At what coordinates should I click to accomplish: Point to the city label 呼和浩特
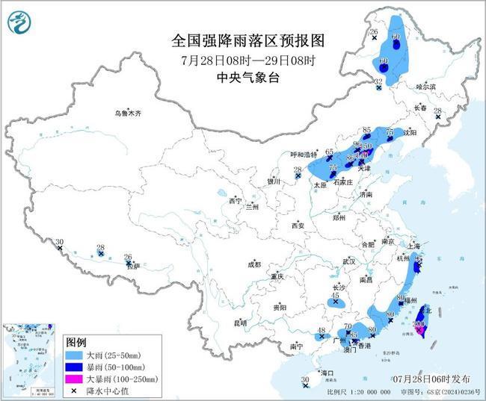click(304, 155)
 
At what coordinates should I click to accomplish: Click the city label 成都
click(254, 264)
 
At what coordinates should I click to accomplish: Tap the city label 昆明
click(240, 323)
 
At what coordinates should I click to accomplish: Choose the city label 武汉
click(348, 261)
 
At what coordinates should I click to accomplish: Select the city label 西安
click(298, 225)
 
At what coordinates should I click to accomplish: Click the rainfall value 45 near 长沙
click(334, 295)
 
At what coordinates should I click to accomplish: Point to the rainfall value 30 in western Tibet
click(59, 242)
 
